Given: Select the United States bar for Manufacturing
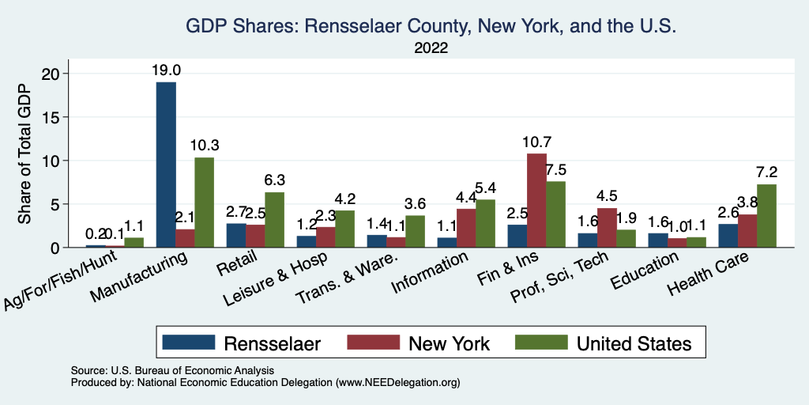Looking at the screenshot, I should [x=204, y=202].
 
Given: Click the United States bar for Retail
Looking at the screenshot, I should [x=274, y=220].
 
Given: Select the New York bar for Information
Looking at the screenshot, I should [x=466, y=228].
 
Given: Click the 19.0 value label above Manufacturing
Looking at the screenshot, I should [x=167, y=70].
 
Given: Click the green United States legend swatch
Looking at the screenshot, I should [x=541, y=343].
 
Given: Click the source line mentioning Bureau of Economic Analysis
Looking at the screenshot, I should [x=172, y=370].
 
